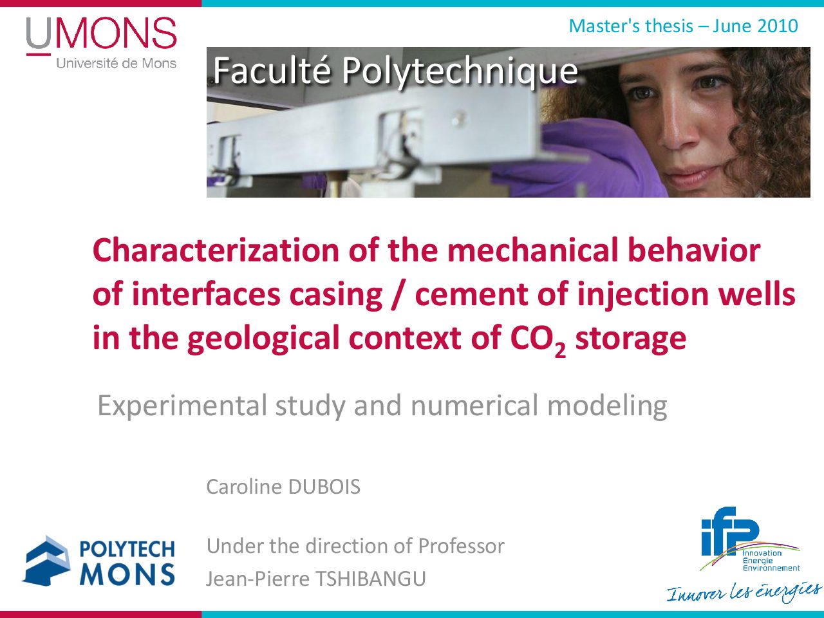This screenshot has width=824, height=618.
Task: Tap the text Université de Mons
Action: point(117,63)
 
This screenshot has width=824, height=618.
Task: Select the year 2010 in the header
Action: point(777,26)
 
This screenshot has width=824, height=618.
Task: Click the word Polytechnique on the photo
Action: point(460,71)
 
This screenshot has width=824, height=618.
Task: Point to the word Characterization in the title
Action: point(216,250)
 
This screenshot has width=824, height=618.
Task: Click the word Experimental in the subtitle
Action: point(182,406)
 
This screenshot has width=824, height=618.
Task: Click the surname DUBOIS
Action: point(324,487)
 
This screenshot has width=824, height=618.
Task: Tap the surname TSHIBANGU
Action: point(371,578)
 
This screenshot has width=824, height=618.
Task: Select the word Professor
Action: point(462,546)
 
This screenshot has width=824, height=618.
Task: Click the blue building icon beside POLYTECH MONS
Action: point(47,561)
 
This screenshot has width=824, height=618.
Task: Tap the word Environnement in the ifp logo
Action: point(771,568)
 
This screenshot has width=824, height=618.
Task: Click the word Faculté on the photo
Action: point(272,71)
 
